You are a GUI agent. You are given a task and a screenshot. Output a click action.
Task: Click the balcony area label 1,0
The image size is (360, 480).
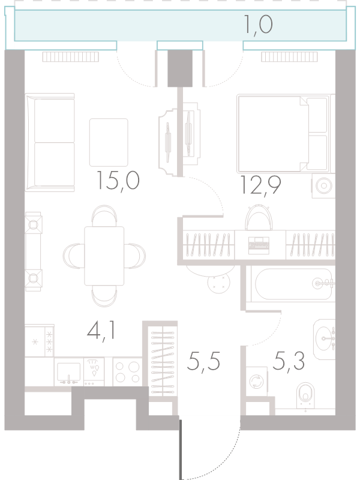[x=258, y=25]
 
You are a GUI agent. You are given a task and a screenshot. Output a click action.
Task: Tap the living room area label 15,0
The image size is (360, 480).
[x=118, y=181]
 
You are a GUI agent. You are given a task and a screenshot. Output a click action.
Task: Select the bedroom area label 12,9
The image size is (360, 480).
[x=261, y=185]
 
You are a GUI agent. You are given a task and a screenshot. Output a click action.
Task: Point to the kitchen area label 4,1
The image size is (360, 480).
[x=101, y=331]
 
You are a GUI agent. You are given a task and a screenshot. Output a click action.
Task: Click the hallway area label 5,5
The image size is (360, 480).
[x=203, y=361]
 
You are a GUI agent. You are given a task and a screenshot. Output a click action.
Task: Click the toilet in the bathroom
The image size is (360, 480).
[x=305, y=395]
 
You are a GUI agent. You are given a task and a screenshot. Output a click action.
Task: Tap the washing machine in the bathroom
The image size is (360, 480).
[x=257, y=382]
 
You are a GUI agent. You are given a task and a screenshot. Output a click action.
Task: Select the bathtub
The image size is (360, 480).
[x=293, y=284]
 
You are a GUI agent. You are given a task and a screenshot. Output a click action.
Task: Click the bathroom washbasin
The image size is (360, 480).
[x=325, y=339]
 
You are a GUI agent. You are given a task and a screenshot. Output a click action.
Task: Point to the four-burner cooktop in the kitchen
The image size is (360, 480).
[x=127, y=372]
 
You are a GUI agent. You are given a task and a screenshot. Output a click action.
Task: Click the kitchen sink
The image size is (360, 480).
[x=69, y=372]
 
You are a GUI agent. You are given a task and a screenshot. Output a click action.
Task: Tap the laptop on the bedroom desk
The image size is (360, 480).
[x=259, y=245]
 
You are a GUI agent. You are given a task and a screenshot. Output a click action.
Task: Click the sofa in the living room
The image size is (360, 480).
[x=50, y=142]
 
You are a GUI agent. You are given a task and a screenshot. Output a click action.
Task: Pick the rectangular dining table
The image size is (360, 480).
[x=104, y=256]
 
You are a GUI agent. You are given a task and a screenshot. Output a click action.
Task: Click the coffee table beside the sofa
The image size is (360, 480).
[x=109, y=142]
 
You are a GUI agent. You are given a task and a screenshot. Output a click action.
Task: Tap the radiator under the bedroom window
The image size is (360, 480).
[x=289, y=56]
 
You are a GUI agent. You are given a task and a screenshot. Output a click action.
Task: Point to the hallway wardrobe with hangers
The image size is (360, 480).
[x=163, y=361]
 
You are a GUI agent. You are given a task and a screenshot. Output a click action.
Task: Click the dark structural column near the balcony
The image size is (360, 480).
[x=180, y=68]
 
